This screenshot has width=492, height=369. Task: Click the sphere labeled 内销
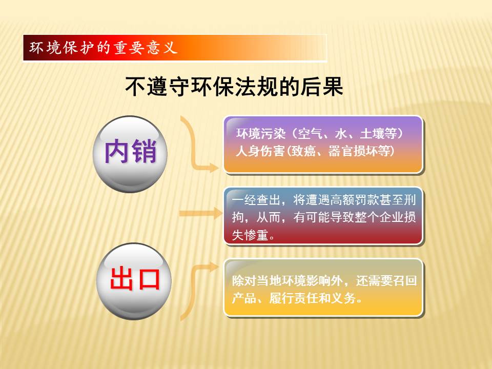(130, 154)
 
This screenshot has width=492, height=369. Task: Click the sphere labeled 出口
(134, 281)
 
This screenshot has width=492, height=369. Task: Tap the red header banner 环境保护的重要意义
(175, 48)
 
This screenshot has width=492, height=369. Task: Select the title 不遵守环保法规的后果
(234, 86)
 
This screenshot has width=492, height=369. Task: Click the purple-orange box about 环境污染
(323, 145)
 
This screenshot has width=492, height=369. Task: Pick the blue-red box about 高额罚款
(323, 216)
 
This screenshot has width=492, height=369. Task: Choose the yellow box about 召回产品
(323, 288)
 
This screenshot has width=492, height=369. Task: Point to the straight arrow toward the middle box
(201, 213)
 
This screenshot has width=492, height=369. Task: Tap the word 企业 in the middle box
(391, 217)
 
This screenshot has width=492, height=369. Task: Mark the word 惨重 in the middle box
(256, 235)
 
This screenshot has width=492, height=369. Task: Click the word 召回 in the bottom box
(399, 280)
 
